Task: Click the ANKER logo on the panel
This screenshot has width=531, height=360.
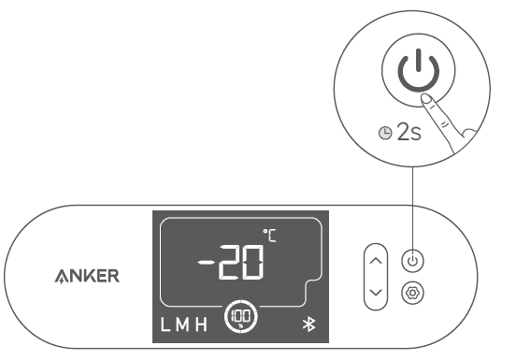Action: tap(91, 277)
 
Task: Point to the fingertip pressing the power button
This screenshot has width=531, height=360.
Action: tap(426, 96)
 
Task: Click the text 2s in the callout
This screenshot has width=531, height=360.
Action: tap(409, 131)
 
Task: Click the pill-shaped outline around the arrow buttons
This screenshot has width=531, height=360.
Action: tap(375, 276)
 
